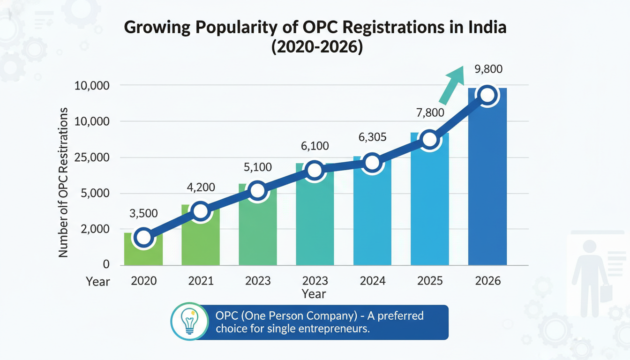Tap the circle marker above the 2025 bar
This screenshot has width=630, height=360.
[x=429, y=140]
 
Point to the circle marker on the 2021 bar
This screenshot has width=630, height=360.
[x=200, y=211]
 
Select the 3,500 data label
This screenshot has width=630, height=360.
[x=143, y=213]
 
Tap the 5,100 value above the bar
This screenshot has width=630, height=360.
[x=257, y=167]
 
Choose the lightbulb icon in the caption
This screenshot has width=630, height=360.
[x=189, y=321]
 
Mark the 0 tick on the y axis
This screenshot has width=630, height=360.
[x=106, y=265]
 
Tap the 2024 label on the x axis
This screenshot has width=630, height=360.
[x=372, y=281]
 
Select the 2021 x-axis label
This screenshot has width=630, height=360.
[x=200, y=281]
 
